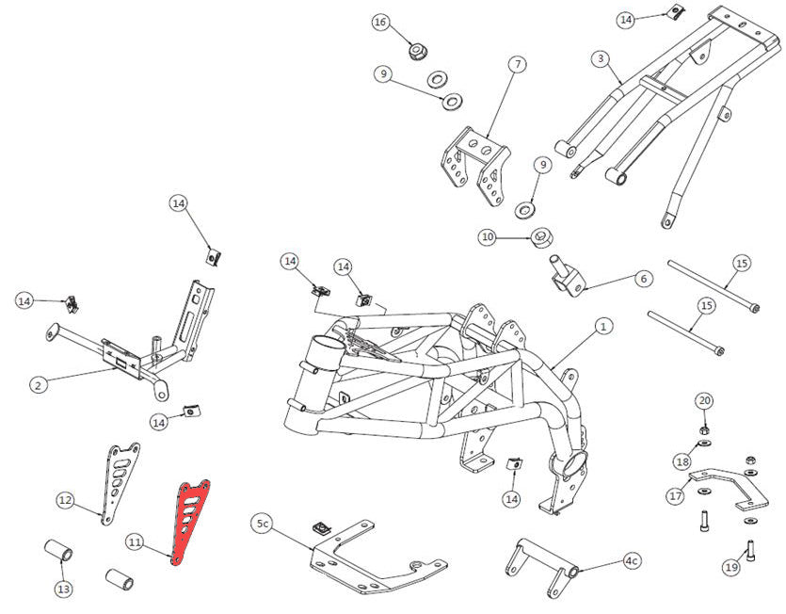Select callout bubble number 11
click(136, 541)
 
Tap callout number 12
click(65, 499)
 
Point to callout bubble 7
click(517, 65)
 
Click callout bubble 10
click(488, 237)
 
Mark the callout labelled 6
click(644, 279)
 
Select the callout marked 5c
click(263, 523)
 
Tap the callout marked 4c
click(631, 561)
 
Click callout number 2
click(38, 384)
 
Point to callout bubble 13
click(63, 590)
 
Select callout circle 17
click(675, 494)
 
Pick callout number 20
click(704, 400)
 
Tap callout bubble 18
click(682, 460)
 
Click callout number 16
click(380, 22)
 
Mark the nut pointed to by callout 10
click(541, 237)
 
